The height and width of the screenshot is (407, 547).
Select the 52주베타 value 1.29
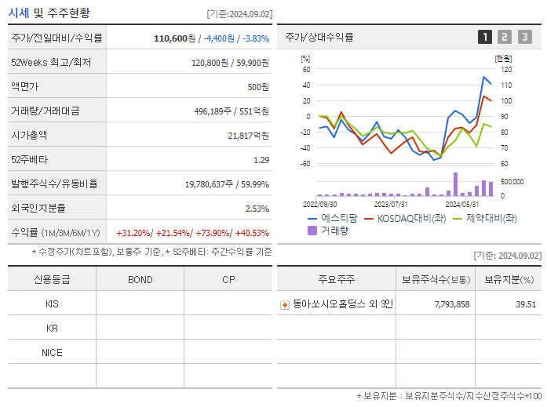(x=261, y=160)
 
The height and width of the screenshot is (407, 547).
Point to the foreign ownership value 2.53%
(x=257, y=209)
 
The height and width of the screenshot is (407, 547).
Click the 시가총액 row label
(x=30, y=135)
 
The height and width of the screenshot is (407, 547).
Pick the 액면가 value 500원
(x=257, y=87)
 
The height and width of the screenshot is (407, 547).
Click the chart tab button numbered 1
(x=485, y=37)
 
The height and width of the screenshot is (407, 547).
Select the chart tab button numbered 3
(x=524, y=37)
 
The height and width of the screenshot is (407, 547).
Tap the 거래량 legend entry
(x=330, y=231)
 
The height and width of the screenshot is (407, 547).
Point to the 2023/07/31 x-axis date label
(x=391, y=203)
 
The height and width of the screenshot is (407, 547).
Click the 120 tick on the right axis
(x=506, y=70)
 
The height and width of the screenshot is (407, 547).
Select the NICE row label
(x=52, y=352)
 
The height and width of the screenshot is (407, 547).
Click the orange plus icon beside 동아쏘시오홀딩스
(x=285, y=304)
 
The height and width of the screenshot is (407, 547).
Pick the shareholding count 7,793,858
(x=451, y=304)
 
